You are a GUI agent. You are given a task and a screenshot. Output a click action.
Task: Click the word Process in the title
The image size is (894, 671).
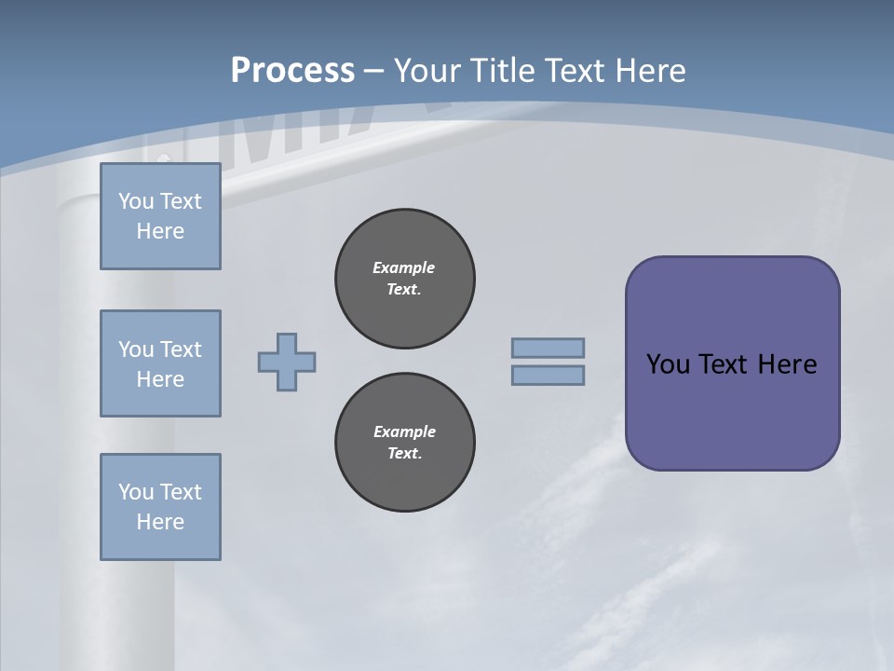click(292, 71)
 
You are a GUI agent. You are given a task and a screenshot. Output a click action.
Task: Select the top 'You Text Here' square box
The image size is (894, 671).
click(160, 216)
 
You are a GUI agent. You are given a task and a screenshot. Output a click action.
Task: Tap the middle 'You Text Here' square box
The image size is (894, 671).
click(160, 363)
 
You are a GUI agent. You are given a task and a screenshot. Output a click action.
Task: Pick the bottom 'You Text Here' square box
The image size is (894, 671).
click(160, 507)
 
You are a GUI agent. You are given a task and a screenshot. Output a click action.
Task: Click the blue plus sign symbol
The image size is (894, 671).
click(287, 362)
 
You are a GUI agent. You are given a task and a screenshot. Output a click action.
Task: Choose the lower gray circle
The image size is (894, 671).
click(404, 442)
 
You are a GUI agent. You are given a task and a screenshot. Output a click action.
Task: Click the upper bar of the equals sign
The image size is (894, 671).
click(548, 348)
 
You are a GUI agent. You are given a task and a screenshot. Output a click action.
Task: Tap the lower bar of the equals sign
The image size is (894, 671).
click(548, 375)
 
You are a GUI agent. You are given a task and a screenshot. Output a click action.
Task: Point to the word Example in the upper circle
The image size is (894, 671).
click(404, 267)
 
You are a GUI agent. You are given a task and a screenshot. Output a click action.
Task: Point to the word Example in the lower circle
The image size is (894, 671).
click(404, 431)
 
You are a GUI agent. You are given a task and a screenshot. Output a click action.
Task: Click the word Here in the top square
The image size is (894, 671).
click(160, 231)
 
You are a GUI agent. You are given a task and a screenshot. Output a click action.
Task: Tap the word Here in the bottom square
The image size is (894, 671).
click(160, 522)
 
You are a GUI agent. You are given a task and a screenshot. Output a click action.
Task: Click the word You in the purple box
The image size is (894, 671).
click(667, 364)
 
